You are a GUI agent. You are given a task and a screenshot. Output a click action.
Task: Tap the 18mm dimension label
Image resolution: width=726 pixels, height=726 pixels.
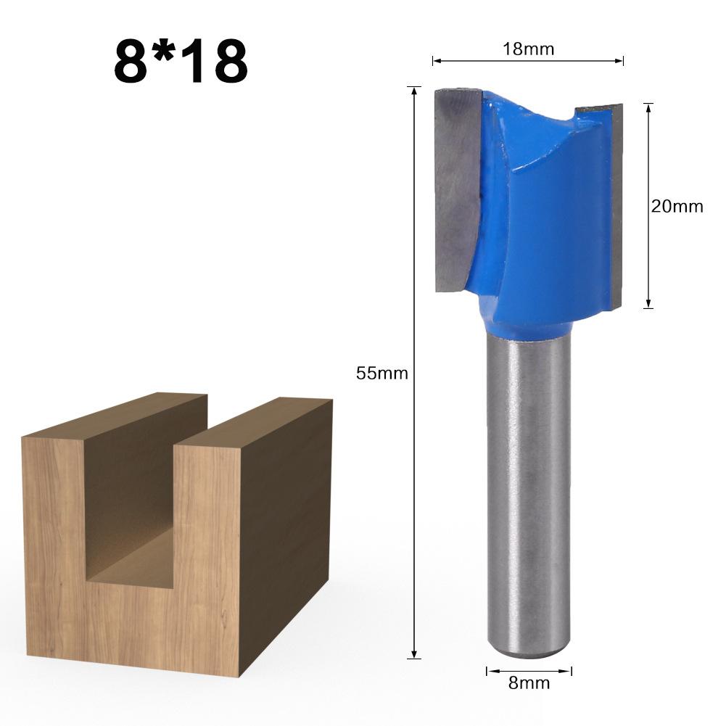pos(528,49)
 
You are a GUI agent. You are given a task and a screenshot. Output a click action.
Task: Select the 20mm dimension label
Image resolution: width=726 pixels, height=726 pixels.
pos(677,206)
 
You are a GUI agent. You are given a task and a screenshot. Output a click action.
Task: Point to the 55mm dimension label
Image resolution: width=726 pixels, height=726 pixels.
pos(381,374)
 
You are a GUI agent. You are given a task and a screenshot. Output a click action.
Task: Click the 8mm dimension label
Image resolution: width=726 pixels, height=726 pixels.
pos(529,682)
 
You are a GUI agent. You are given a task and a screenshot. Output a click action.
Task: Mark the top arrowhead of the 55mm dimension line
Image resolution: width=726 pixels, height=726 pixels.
pos(414,91)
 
